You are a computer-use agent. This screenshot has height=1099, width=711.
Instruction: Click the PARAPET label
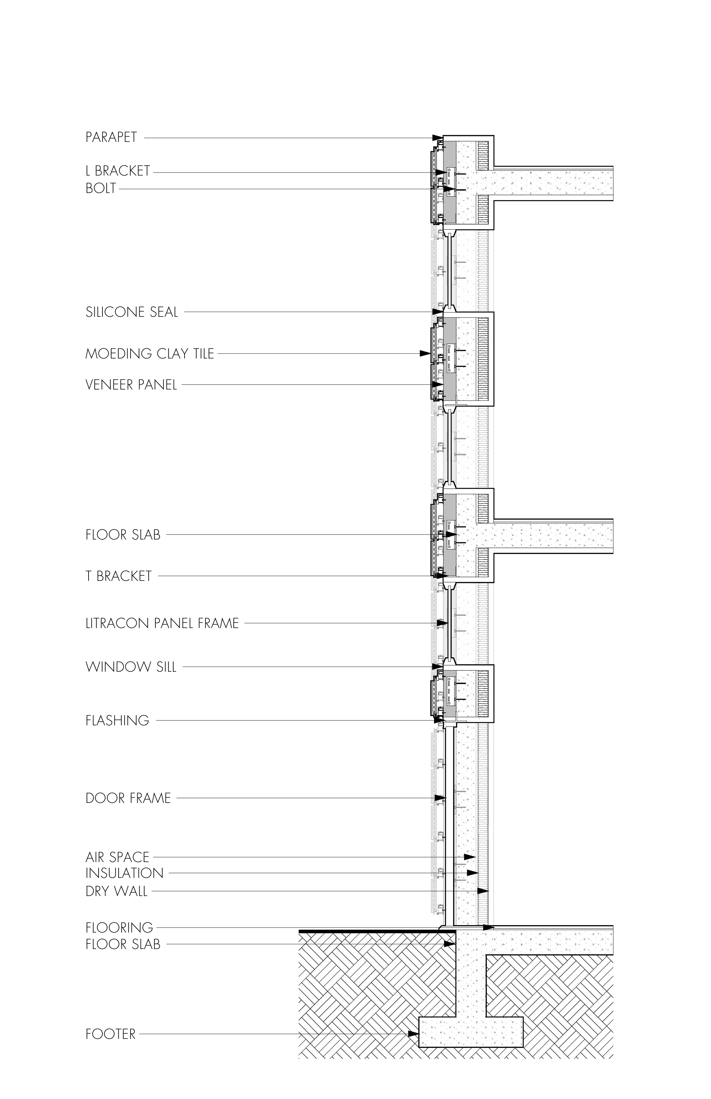click(x=111, y=138)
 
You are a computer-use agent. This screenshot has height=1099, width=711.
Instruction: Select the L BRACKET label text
click(x=118, y=171)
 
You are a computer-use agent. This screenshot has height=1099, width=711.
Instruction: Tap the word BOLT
click(x=101, y=188)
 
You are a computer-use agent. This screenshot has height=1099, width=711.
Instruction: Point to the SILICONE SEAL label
click(x=132, y=312)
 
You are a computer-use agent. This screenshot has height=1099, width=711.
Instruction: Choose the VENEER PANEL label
click(x=131, y=385)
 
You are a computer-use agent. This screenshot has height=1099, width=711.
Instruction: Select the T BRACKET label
click(x=119, y=576)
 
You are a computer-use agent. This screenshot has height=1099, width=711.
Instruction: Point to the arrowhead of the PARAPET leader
click(x=437, y=138)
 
